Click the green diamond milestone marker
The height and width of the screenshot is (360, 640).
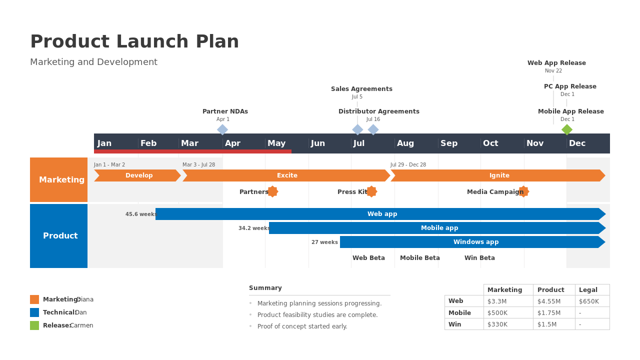coord(567,129)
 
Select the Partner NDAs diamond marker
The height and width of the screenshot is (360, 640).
coord(222,129)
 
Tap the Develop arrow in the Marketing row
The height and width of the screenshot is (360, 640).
coord(137,175)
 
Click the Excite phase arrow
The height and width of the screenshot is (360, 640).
coord(286,175)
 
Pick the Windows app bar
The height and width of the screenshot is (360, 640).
coord(472,242)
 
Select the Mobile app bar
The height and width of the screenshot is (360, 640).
coord(437,228)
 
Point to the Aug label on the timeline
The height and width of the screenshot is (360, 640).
coord(405,143)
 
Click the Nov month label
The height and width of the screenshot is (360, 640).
coord(535,143)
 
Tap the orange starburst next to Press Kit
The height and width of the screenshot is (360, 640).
coord(371,191)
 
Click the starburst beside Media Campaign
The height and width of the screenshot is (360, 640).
coord(523,191)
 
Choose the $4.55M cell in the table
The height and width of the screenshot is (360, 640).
coord(549,301)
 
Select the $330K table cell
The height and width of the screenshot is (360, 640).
coord(497,324)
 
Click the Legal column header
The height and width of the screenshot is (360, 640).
coord(588,289)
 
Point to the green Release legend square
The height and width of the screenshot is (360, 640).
coord(34,325)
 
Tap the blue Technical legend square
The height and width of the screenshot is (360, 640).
coord(34,312)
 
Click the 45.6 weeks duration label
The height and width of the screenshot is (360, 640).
coord(141,214)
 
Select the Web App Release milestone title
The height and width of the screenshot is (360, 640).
coord(556,63)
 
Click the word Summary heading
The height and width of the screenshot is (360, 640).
coord(265,288)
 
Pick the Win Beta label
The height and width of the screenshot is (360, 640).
coord(479,257)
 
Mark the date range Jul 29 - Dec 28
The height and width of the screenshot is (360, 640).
coord(408,164)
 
